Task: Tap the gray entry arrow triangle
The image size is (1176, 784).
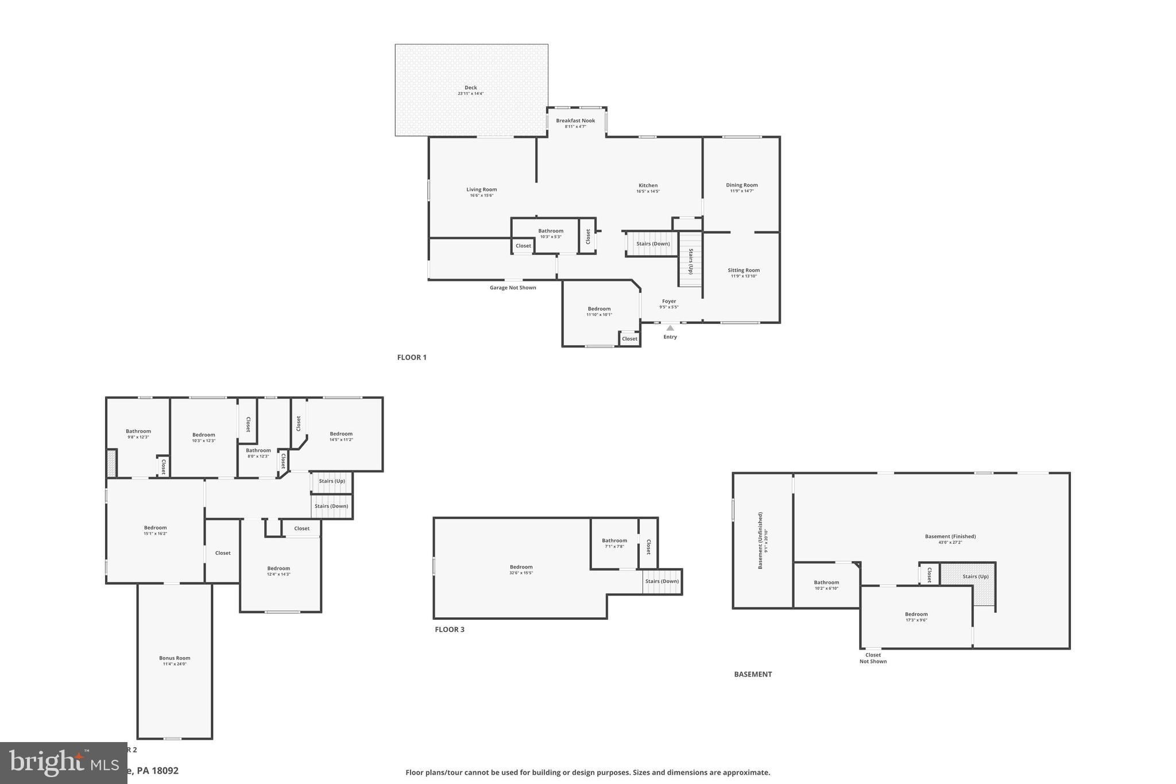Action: tap(670, 328)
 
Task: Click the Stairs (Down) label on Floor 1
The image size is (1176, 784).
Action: tap(653, 244)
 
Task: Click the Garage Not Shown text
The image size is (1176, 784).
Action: tap(513, 288)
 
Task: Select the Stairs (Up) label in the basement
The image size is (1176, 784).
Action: tap(976, 576)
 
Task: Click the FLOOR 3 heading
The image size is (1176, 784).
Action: tap(450, 629)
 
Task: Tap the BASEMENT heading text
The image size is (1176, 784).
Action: tap(753, 674)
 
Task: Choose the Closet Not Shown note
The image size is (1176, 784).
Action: tap(873, 658)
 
